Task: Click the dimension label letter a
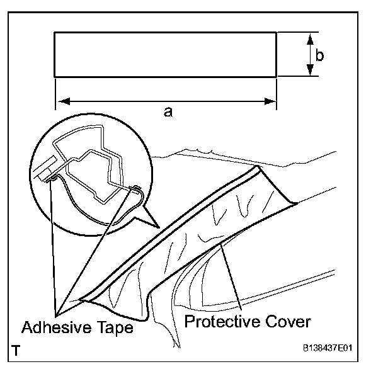pos(168,111)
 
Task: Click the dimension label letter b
pos(320,55)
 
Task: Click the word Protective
pos(224,322)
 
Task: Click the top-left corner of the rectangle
pos(55,33)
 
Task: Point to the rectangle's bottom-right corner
pos(277,77)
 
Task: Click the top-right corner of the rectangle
pos(277,33)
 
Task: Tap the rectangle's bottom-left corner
pos(55,77)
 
